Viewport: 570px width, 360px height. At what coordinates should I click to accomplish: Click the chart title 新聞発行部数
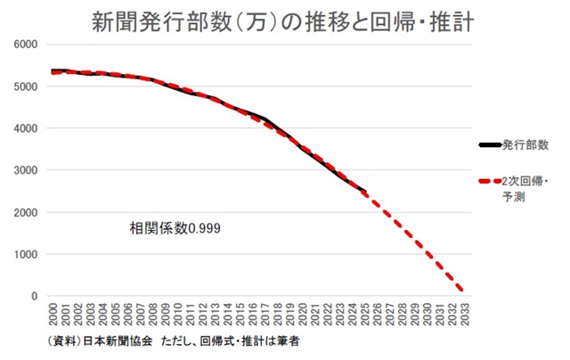pos(162,21)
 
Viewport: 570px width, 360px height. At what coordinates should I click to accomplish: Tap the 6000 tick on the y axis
pos(26,45)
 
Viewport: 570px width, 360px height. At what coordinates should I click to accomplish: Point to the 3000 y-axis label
pos(26,170)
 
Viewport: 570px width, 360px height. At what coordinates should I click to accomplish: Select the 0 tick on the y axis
pos(35,297)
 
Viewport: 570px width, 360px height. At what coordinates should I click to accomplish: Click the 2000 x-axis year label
pos(53,314)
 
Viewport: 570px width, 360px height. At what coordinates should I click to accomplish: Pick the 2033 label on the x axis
pos(465,314)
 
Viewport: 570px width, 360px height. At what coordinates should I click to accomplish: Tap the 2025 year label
pos(365,314)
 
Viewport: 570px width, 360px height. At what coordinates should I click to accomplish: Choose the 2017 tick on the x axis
pos(265,314)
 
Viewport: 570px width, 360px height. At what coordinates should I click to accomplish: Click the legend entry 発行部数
pos(525,145)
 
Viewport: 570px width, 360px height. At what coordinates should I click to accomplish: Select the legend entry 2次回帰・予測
pos(525,189)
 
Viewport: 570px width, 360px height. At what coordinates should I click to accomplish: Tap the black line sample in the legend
pos(490,145)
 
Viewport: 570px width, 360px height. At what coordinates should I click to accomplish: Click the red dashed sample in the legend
pos(490,181)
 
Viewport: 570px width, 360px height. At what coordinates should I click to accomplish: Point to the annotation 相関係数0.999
pos(175,228)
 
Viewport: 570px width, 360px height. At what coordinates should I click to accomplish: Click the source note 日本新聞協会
pos(118,341)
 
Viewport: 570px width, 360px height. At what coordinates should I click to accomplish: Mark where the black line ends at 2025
pos(365,191)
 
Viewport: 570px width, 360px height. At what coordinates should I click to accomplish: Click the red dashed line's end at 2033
pos(462,290)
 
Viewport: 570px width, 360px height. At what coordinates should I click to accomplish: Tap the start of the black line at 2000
pos(53,70)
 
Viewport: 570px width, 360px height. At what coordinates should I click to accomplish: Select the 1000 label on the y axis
pos(26,255)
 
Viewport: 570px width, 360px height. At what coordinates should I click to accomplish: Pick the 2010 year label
pos(178,314)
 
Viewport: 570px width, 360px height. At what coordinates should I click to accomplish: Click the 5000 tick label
pos(26,86)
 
